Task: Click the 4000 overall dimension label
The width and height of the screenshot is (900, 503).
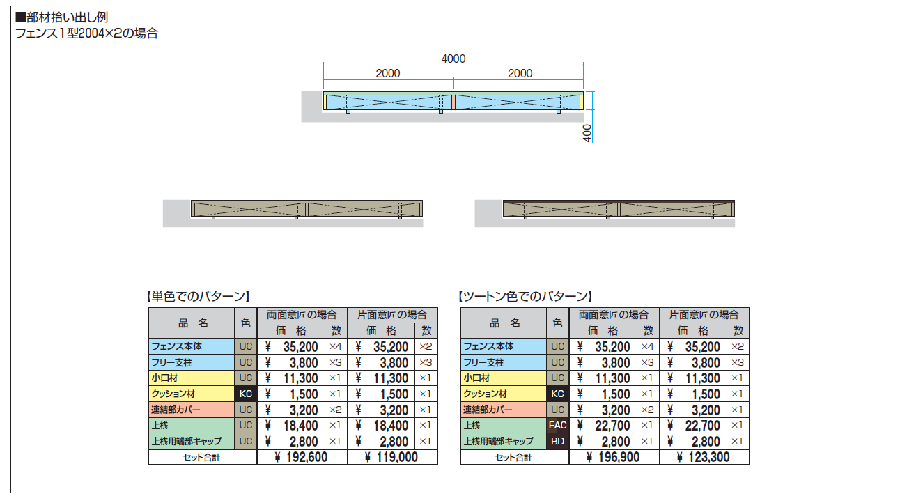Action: pos(453,59)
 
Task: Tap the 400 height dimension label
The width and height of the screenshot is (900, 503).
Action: pos(587,133)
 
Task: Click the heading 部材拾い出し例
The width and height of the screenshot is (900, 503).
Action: pos(61,17)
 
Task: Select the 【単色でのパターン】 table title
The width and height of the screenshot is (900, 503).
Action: pos(198,297)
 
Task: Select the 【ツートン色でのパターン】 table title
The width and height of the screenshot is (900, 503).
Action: pos(525,297)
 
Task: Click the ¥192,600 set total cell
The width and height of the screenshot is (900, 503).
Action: pos(302,457)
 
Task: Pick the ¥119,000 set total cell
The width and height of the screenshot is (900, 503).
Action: pos(391,457)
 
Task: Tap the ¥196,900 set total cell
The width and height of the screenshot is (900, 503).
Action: pos(614,457)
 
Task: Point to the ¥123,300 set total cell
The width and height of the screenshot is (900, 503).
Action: pos(704,457)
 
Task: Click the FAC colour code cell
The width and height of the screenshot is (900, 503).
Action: pos(558,425)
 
